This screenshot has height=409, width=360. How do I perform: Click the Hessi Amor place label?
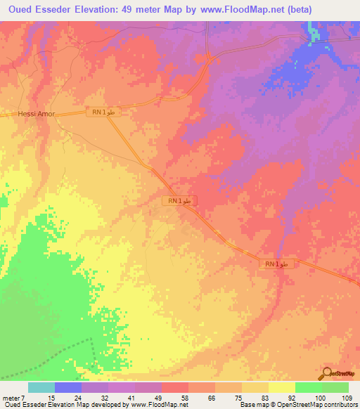36,114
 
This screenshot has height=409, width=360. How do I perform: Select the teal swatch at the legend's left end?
41,387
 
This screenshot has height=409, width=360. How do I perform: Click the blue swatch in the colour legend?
67,387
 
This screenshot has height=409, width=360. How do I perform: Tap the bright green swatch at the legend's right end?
335,387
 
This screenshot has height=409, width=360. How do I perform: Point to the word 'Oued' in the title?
25,9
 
